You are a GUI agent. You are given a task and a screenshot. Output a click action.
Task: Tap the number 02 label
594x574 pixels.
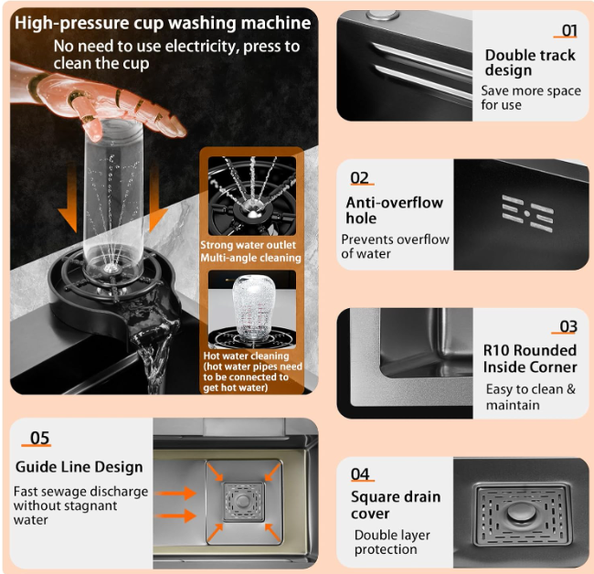pyautogui.click(x=360, y=178)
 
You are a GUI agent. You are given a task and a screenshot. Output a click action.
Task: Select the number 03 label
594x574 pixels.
pyautogui.click(x=568, y=326)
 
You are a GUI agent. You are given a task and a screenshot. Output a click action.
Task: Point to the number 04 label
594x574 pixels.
pyautogui.click(x=361, y=473)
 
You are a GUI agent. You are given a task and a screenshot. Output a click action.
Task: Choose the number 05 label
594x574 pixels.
pyautogui.click(x=40, y=438)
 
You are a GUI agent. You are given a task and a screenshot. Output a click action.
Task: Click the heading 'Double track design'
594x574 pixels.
pyautogui.click(x=530, y=62)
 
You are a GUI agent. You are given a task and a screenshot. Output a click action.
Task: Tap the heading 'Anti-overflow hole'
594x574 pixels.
pyautogui.click(x=394, y=210)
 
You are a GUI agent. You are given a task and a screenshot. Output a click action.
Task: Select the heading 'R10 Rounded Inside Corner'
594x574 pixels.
pyautogui.click(x=530, y=358)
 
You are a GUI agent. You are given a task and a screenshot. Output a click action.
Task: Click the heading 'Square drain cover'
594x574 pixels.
pyautogui.click(x=396, y=505)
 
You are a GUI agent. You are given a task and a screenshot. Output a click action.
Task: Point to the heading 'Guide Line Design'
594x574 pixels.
pyautogui.click(x=80, y=467)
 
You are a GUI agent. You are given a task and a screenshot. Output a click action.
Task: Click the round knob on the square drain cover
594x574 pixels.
pyautogui.click(x=520, y=508)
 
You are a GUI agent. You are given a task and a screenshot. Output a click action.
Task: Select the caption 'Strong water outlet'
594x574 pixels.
pyautogui.click(x=249, y=245)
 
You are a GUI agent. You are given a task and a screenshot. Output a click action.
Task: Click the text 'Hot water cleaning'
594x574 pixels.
pyautogui.click(x=247, y=356)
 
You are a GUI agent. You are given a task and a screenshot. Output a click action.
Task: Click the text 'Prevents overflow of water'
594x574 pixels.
pyautogui.click(x=395, y=246)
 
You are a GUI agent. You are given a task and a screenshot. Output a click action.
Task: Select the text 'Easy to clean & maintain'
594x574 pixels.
pyautogui.click(x=530, y=397)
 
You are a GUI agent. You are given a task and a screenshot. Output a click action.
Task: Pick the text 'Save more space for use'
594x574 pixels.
pyautogui.click(x=530, y=98)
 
